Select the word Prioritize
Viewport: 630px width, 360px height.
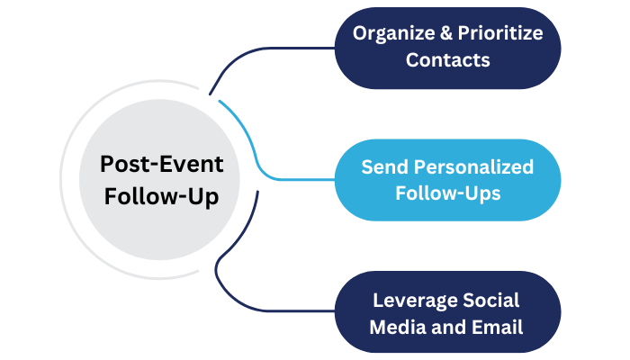click(499, 33)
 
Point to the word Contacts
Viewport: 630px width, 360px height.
click(447, 60)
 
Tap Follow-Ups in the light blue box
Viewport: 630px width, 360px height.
click(447, 193)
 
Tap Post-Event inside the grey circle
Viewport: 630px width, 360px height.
click(161, 166)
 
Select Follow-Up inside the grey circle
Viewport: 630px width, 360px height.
click(161, 196)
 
